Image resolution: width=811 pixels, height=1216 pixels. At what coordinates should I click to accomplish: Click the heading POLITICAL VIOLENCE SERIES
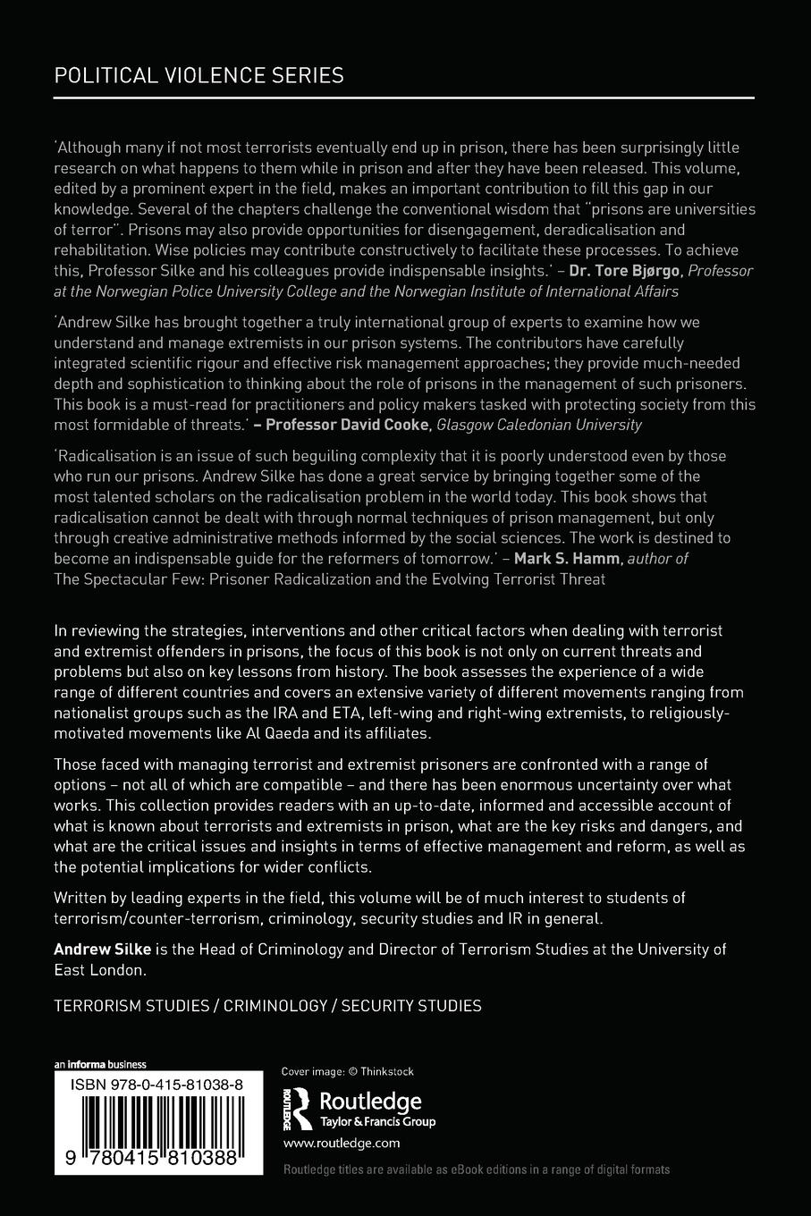tap(199, 75)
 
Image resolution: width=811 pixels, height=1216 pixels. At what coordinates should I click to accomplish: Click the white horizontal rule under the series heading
tap(403, 97)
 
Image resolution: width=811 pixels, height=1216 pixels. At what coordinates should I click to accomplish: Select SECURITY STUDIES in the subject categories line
tap(411, 1005)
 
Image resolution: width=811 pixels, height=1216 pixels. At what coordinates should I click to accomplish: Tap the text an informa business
tap(100, 1064)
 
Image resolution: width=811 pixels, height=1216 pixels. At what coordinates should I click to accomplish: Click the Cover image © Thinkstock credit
tap(348, 1071)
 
